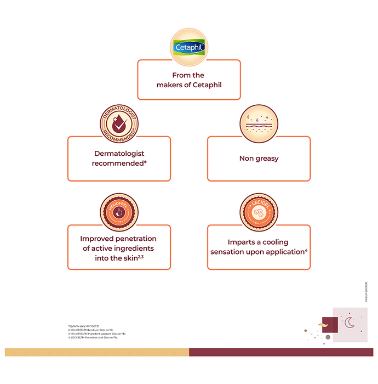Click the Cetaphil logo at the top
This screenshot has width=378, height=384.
(x=189, y=47)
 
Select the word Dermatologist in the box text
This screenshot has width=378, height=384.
(x=119, y=154)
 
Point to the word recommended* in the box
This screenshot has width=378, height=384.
(x=119, y=163)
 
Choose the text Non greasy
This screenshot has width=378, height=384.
(x=259, y=159)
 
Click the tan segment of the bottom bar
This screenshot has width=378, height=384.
(x=96, y=352)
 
